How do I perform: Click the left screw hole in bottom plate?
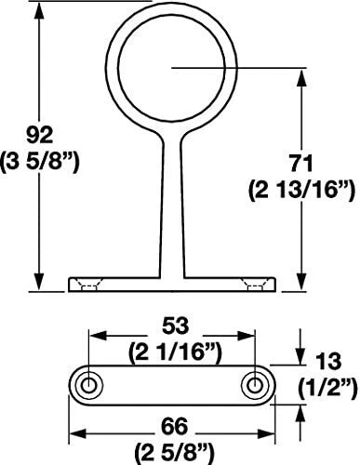pyautogui.click(x=90, y=383)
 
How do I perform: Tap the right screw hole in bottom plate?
pyautogui.click(x=254, y=383)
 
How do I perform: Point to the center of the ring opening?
pyautogui.click(x=172, y=67)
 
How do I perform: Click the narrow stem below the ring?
pyautogui.click(x=172, y=205)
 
